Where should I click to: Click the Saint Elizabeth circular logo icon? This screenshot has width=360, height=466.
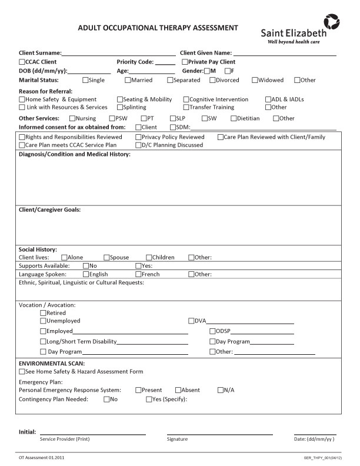(333, 22)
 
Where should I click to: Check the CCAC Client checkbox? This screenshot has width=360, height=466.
(22, 62)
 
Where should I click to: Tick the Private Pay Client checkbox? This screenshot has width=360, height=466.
(185, 62)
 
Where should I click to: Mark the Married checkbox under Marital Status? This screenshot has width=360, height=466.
(128, 80)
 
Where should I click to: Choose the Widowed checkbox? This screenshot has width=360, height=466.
(255, 80)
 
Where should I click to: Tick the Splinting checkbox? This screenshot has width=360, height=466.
(120, 108)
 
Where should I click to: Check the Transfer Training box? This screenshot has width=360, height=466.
(186, 108)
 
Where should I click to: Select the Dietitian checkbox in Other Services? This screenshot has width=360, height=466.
(234, 118)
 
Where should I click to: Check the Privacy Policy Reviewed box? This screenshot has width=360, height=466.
(138, 137)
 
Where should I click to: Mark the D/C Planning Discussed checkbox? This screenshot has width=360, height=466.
(138, 145)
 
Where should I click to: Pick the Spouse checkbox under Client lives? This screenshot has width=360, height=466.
(107, 257)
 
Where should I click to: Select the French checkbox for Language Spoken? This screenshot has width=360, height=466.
(138, 274)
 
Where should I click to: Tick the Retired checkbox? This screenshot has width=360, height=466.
(42, 313)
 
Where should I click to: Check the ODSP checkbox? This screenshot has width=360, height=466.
(212, 331)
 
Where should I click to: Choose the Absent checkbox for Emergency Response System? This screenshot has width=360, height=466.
(178, 390)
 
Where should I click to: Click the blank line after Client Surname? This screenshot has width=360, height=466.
(118, 53)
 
